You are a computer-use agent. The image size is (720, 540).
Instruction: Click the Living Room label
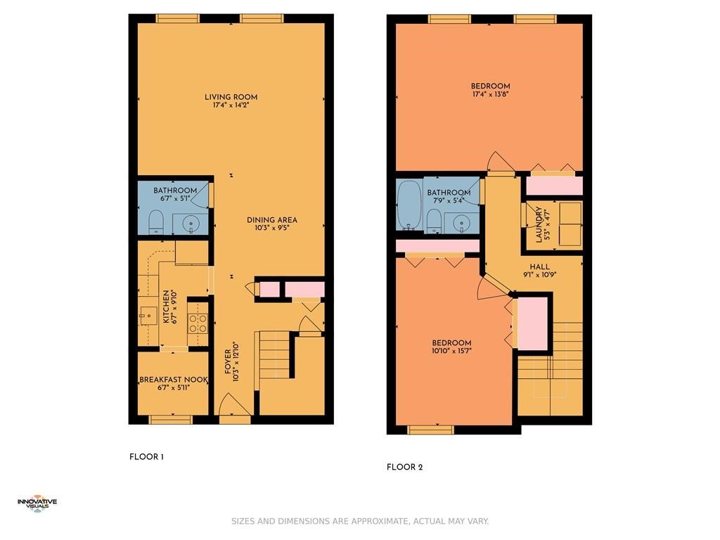[x=231, y=97]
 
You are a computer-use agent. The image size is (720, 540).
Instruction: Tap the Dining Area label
[x=272, y=220]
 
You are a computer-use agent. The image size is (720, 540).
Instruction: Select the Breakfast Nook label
[x=174, y=380]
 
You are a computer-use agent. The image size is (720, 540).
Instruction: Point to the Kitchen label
[x=166, y=307]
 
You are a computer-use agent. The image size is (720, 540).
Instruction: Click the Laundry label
[x=539, y=224]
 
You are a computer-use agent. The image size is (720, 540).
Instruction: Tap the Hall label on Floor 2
[x=539, y=266]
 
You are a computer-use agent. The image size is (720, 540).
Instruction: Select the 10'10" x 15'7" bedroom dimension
[x=452, y=352]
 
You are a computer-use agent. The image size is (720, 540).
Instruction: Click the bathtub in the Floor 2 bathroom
[x=409, y=205]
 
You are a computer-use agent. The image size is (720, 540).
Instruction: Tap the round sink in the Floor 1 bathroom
[x=191, y=224]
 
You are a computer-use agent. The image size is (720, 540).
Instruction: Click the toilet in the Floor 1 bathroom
[x=156, y=221]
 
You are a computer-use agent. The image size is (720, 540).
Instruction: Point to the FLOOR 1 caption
[x=146, y=457]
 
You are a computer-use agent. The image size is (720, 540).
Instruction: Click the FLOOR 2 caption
[x=404, y=468]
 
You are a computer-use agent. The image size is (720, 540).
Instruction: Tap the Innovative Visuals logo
[x=37, y=503]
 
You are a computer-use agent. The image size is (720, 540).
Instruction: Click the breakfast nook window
[x=171, y=419]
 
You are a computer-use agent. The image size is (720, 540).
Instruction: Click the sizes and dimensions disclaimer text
[x=360, y=521]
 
